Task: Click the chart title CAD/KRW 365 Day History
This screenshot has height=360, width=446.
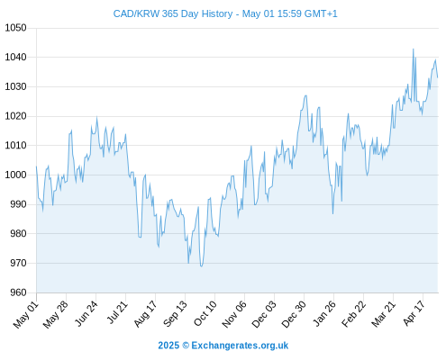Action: click(173, 13)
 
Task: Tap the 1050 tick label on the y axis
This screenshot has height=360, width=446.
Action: click(15, 28)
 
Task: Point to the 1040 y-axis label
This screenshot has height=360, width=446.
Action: click(15, 57)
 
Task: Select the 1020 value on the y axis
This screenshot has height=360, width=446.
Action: click(15, 116)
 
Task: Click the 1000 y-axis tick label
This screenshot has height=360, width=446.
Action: click(15, 175)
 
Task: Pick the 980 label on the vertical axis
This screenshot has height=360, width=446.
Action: click(18, 233)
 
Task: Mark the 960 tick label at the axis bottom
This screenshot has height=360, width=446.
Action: click(18, 292)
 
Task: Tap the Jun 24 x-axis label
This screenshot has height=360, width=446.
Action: click(86, 313)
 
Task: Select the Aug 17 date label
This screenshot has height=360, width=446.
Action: click(145, 314)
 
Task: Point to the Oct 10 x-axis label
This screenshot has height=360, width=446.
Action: click(205, 313)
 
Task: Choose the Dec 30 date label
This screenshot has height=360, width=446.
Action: click(294, 314)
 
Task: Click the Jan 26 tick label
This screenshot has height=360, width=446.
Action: click(324, 313)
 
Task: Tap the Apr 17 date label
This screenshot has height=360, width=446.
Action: click(414, 313)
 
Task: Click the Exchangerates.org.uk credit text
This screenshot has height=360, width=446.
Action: click(240, 346)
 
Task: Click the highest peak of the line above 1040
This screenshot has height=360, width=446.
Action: click(414, 49)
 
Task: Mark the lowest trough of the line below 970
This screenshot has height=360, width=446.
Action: click(201, 266)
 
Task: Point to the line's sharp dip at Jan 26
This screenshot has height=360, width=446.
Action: click(332, 213)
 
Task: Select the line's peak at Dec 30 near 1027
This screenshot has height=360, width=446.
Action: click(305, 95)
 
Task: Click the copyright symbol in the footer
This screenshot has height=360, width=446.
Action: click(186, 346)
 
